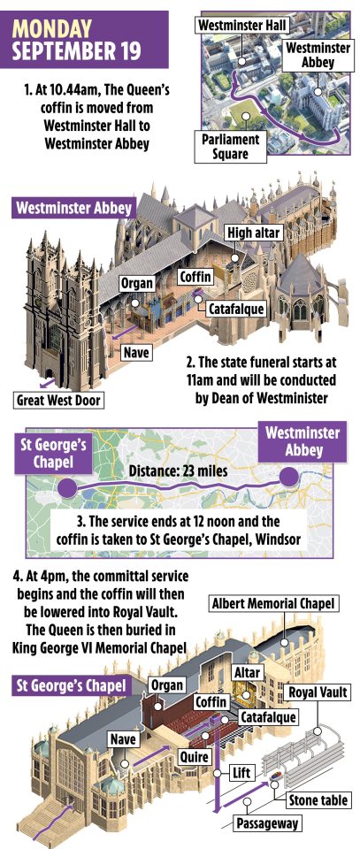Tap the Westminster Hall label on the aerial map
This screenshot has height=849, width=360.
point(242,25)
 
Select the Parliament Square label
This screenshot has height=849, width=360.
point(231,146)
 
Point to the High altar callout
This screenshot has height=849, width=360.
point(254,233)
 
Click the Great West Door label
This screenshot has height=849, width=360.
point(58,401)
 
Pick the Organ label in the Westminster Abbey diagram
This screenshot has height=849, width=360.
point(137,283)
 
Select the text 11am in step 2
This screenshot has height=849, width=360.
point(197,380)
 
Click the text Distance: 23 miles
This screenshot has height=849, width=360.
point(178,471)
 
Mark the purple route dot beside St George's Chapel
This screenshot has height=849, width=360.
point(68,487)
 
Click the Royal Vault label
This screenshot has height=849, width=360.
point(318,692)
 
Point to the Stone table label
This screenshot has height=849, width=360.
point(318,799)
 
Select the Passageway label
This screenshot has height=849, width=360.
point(267,823)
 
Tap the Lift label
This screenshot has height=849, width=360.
point(241,772)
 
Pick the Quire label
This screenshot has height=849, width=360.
point(194,756)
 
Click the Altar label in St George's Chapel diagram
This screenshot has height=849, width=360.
point(247,673)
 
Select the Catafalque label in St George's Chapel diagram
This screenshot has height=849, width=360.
point(268,717)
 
